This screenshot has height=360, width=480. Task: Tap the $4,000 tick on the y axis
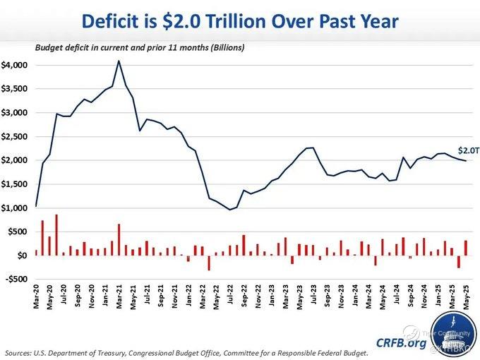click(15, 65)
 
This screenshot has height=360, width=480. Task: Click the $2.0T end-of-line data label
click(469, 150)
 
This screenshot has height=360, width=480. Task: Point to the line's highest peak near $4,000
click(119, 61)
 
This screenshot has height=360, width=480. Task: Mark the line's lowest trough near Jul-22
click(229, 210)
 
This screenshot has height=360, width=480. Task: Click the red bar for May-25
click(465, 248)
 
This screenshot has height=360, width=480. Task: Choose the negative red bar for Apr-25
click(459, 261)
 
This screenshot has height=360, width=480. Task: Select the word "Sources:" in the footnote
click(20, 352)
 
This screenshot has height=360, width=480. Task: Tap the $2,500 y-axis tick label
click(15, 136)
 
